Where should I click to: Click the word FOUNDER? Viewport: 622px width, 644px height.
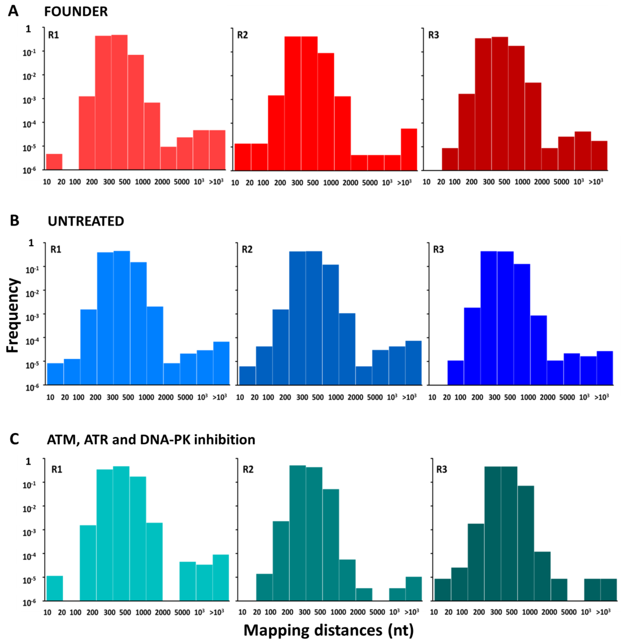(76, 12)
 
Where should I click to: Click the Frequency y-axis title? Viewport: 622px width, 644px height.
(13, 315)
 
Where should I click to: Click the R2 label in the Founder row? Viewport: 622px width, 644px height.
(242, 35)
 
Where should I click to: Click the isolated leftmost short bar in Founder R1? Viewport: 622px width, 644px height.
(54, 162)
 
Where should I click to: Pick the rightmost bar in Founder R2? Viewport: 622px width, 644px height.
(409, 150)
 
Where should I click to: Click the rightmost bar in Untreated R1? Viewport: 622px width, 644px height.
(221, 363)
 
